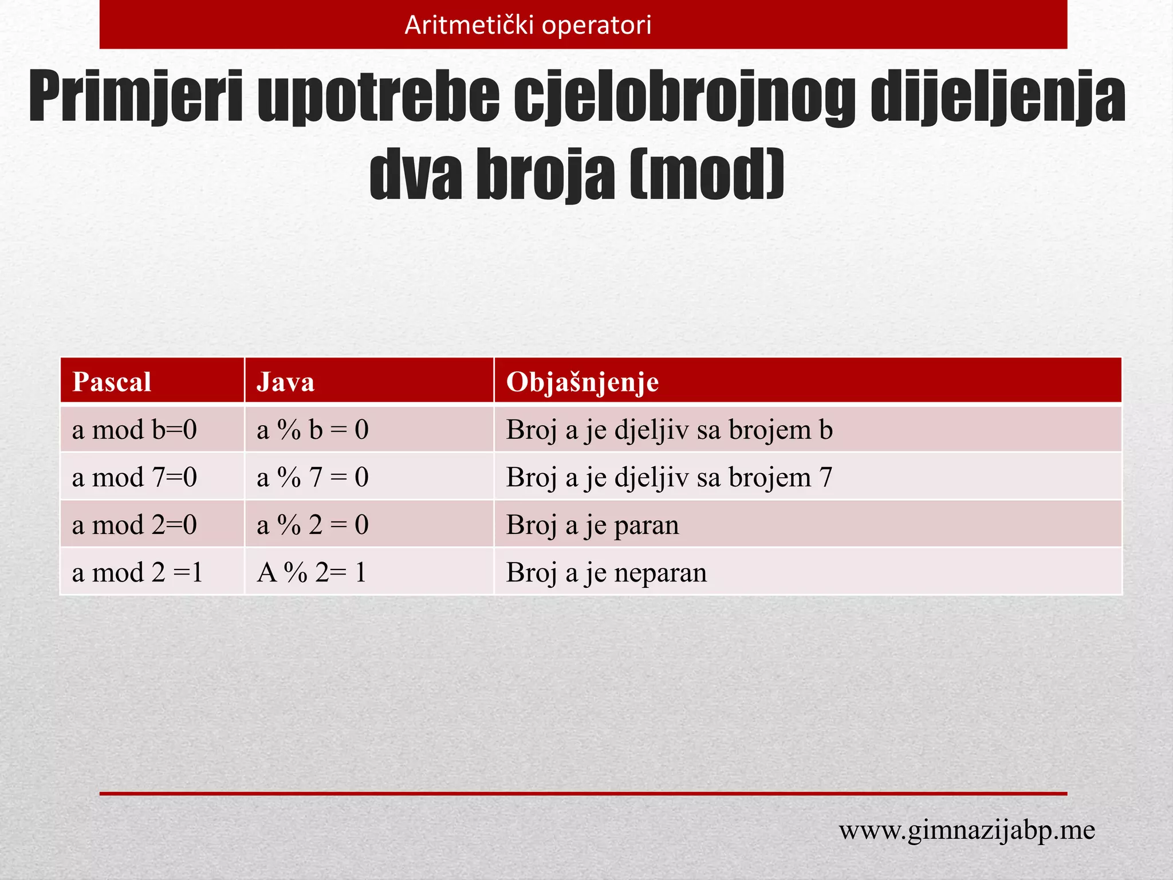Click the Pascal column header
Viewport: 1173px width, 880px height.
coord(112,382)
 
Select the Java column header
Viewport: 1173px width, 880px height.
coord(285,382)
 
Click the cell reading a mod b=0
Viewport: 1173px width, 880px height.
coord(135,430)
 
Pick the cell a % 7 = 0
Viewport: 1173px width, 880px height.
coord(313,477)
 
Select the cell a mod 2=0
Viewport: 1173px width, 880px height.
coord(135,525)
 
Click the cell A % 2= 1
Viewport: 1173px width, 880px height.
coord(312,572)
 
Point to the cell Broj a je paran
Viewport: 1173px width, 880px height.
coord(592,525)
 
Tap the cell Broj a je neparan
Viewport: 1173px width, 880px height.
coord(606,572)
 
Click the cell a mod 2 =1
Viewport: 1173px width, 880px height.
coord(137,572)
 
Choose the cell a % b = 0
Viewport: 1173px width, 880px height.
coord(313,430)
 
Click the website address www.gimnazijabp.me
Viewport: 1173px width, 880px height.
coord(967,830)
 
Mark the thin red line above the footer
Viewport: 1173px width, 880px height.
coord(583,793)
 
